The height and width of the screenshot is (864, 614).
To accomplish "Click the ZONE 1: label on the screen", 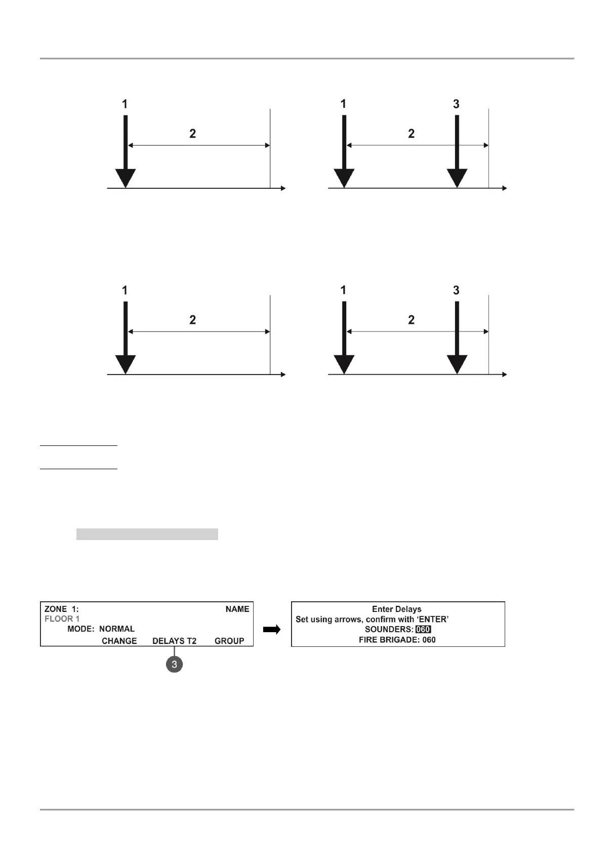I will click(x=61, y=609).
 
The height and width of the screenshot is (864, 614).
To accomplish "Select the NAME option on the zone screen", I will click(x=237, y=609).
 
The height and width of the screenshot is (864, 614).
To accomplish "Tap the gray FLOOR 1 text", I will click(x=62, y=619).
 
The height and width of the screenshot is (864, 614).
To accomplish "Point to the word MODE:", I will click(x=81, y=629).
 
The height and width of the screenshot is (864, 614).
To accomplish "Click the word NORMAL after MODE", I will click(x=117, y=629).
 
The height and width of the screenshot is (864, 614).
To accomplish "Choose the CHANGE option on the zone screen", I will click(x=119, y=641).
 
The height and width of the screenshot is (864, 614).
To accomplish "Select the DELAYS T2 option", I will click(x=174, y=641).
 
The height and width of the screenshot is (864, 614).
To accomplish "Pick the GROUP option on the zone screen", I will click(x=229, y=641).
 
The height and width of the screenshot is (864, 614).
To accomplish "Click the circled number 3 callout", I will click(x=174, y=664).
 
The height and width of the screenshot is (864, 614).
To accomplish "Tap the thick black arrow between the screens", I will click(x=272, y=630).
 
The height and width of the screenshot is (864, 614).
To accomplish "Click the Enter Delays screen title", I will click(x=396, y=609).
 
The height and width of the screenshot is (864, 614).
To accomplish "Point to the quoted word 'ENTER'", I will click(x=433, y=620).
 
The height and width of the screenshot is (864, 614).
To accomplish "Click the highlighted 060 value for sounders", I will click(x=423, y=630).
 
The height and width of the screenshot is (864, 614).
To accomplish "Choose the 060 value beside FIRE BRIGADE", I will click(x=429, y=640).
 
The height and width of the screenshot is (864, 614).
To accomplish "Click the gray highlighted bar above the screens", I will click(x=147, y=534).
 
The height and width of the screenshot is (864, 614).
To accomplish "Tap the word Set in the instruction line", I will click(x=302, y=620).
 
